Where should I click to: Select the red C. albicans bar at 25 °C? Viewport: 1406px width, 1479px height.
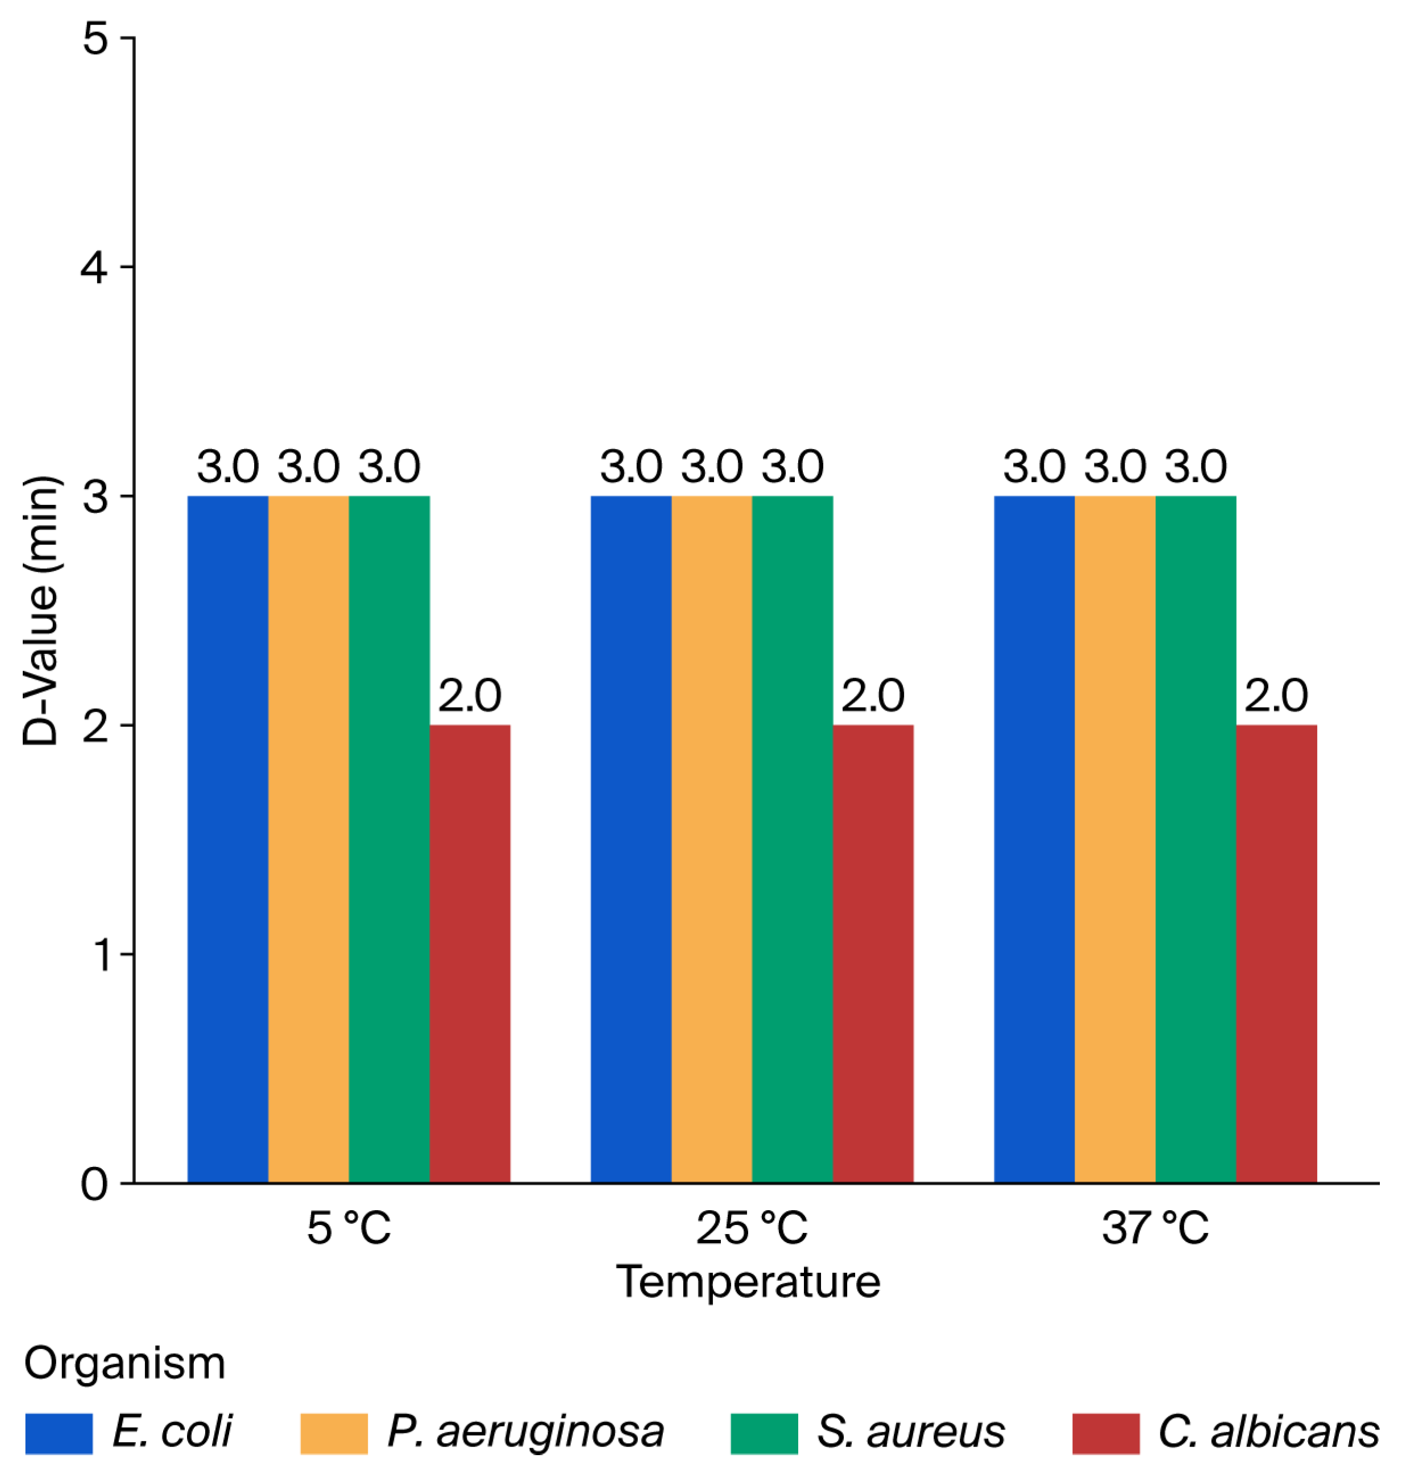tap(873, 954)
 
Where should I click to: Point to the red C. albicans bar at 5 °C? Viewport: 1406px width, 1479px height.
tap(470, 954)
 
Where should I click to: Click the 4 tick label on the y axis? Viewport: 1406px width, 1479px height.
tap(94, 267)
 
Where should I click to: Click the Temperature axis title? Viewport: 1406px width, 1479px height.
tap(748, 1303)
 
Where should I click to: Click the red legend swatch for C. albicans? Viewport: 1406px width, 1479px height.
tap(1106, 1434)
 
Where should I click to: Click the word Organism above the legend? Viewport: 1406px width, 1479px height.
tap(125, 1363)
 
